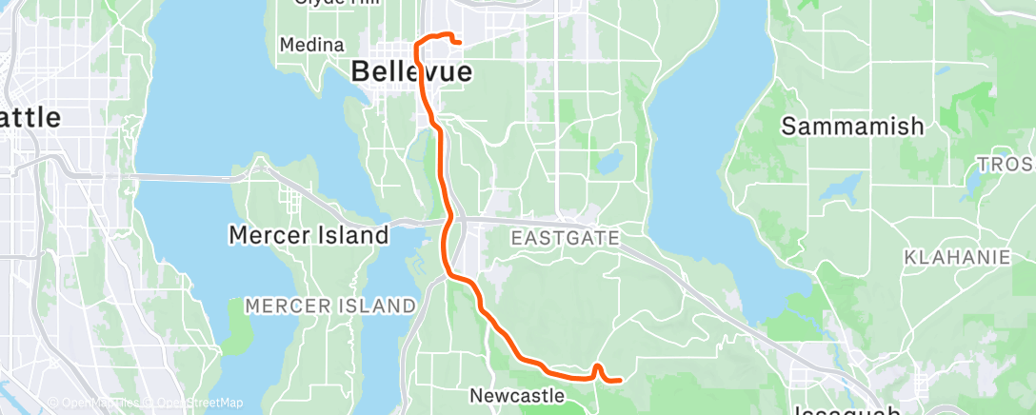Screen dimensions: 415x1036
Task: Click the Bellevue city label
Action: tap(398, 71)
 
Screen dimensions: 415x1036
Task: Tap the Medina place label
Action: tap(312, 45)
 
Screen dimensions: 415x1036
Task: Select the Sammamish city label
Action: tap(852, 126)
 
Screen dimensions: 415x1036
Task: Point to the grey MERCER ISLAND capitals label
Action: tap(330, 306)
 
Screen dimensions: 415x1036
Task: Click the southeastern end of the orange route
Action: tap(620, 380)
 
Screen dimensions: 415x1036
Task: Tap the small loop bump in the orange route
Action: tap(598, 366)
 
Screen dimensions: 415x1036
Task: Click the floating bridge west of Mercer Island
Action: tap(181, 176)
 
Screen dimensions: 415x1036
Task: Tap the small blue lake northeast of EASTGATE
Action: tap(609, 161)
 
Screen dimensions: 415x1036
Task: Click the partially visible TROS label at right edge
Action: tap(1006, 164)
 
